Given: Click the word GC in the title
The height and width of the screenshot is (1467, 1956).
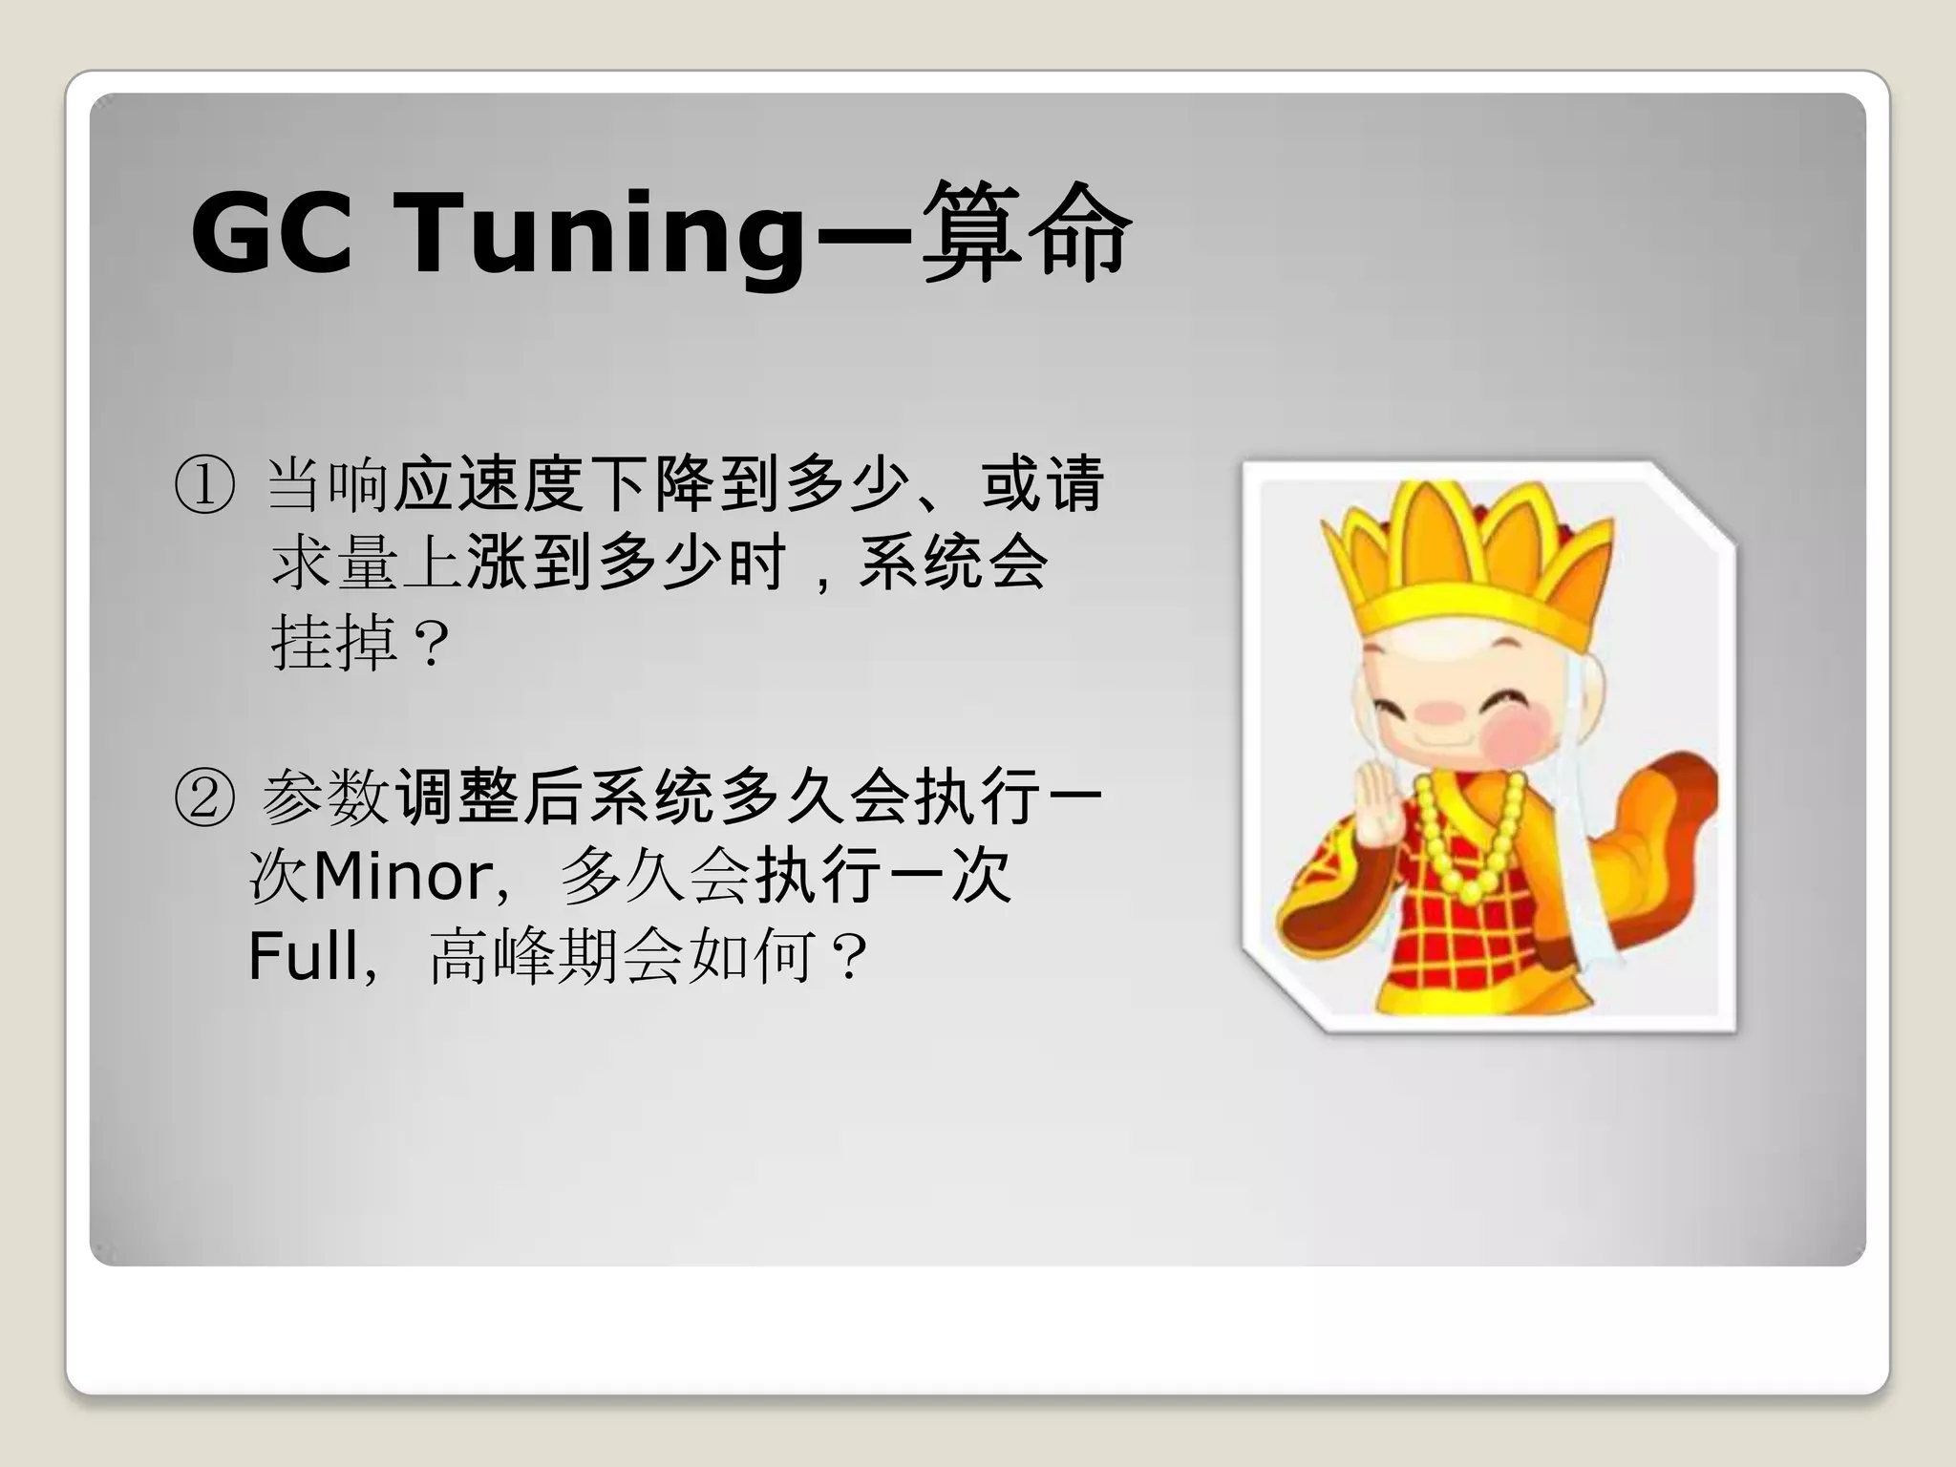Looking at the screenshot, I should [x=271, y=232].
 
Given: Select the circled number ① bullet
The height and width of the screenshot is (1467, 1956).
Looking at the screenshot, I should [x=203, y=485].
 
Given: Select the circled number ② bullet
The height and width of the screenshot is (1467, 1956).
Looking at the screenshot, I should [x=203, y=798].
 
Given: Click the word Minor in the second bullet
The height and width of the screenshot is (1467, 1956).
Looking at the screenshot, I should [x=401, y=876].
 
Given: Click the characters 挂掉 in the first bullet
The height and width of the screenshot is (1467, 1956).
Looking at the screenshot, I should [x=334, y=644].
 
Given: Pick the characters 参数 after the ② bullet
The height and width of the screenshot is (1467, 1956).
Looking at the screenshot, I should [x=326, y=797].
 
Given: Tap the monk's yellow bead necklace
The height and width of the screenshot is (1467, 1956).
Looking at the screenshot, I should [x=1471, y=850].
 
